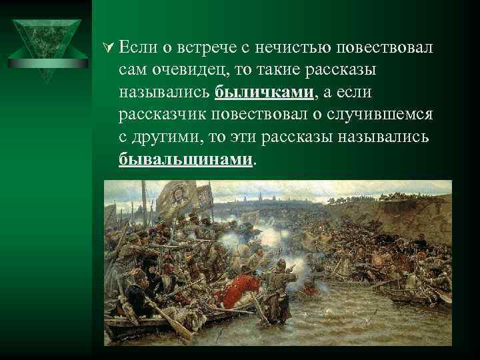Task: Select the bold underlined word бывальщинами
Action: click(187, 160)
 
